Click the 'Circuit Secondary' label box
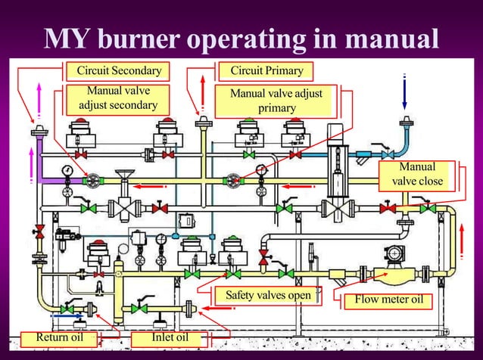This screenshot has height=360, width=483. click(x=118, y=71)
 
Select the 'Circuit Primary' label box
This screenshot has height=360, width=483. click(x=266, y=71)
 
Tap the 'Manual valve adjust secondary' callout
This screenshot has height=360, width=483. click(x=118, y=99)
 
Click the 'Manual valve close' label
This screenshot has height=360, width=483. click(x=417, y=174)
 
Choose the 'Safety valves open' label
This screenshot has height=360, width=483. click(x=263, y=295)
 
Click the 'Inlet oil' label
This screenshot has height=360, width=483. click(x=170, y=337)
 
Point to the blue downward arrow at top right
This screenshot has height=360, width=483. click(x=405, y=94)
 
